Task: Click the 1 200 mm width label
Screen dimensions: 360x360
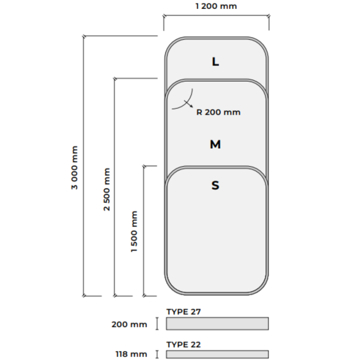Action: pos(216,6)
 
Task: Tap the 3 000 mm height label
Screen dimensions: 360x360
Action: pos(75,167)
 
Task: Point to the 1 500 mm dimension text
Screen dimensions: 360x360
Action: pos(134,231)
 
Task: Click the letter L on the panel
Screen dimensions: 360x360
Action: pos(215,62)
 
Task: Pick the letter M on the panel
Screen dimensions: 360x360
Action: pos(215,144)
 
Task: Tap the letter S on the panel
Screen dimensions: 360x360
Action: pos(215,186)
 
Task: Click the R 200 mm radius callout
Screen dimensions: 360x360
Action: pos(218,112)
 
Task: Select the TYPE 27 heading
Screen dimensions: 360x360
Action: pos(184,312)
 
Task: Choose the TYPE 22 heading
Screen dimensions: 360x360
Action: pos(184,345)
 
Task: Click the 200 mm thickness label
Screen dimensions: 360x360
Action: pos(129,324)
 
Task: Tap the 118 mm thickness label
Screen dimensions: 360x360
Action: pos(131,354)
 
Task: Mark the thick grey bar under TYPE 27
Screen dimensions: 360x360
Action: pos(217,323)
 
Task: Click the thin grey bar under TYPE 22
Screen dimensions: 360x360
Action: pos(217,354)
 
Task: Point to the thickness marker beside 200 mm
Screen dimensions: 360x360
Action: pos(157,324)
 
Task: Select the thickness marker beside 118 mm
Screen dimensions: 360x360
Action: pos(157,354)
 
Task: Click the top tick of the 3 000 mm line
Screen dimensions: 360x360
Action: pos(84,36)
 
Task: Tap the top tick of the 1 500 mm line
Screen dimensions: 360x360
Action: pos(144,166)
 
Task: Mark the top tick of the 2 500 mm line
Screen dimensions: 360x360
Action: pos(114,78)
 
